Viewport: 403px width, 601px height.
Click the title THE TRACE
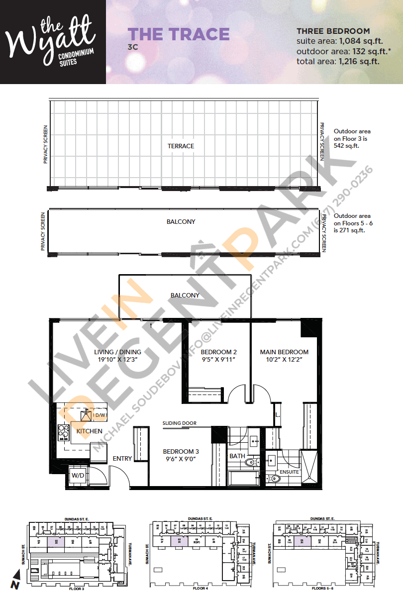point(179,34)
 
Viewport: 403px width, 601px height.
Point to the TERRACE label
point(181,146)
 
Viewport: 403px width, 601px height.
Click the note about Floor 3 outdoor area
point(352,139)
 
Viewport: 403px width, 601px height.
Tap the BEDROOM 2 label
point(215,352)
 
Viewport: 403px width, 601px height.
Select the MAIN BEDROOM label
point(284,352)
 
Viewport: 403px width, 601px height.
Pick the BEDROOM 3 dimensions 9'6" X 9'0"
point(181,460)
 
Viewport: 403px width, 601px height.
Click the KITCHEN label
point(90,431)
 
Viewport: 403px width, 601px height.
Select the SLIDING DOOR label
point(179,423)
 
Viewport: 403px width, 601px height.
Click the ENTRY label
point(122,458)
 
